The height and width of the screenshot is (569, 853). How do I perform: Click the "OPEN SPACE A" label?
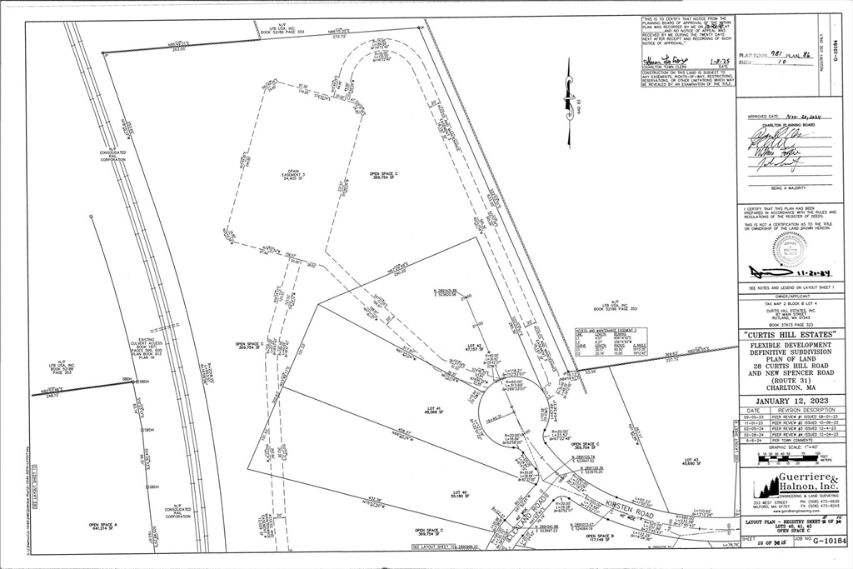tap(103, 526)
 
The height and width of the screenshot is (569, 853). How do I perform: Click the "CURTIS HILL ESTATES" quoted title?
tap(788, 334)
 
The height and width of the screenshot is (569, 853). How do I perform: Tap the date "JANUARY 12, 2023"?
tap(788, 400)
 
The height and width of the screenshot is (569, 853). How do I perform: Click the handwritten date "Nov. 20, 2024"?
tap(799, 118)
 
